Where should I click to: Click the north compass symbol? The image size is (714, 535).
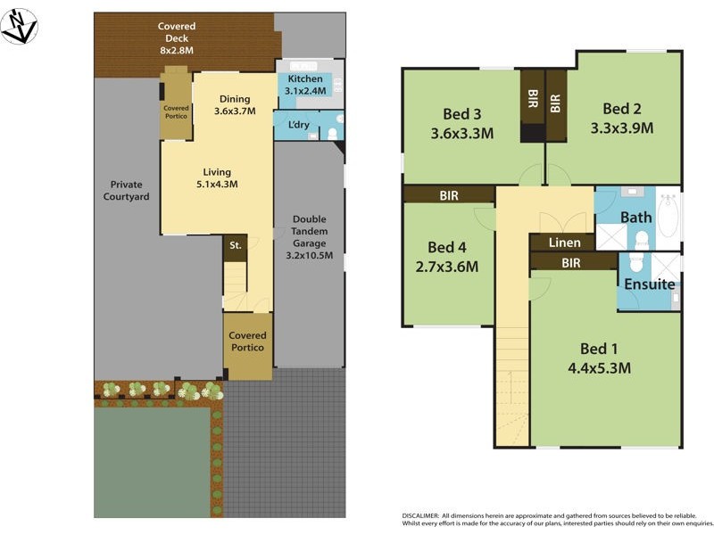[19, 26]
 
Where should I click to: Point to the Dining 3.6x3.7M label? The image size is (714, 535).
[235, 106]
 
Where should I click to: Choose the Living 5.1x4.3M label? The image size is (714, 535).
[217, 178]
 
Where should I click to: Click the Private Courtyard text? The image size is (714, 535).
[126, 191]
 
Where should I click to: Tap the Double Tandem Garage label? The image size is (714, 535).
[309, 236]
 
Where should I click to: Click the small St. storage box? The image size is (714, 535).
[235, 246]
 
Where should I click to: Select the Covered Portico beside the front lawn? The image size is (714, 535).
[247, 342]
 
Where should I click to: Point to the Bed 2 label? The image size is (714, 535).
[622, 109]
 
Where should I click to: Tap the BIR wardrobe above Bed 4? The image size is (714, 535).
[448, 193]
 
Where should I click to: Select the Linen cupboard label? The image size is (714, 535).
[564, 243]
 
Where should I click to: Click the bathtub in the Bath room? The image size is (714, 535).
[668, 217]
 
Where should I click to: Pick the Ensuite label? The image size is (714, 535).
[649, 285]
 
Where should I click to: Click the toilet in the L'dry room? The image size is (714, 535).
[332, 134]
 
